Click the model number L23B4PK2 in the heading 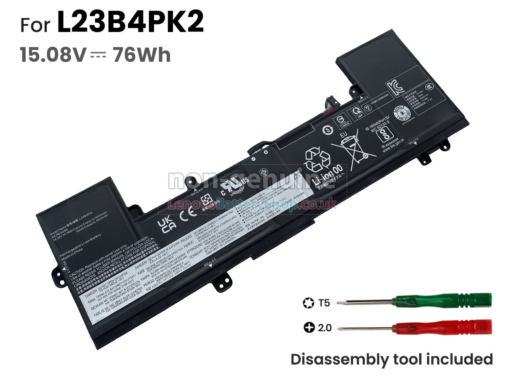click(130, 23)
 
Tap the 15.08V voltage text click(53, 55)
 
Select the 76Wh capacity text click(141, 55)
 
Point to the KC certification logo click(395, 86)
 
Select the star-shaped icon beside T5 click(307, 303)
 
